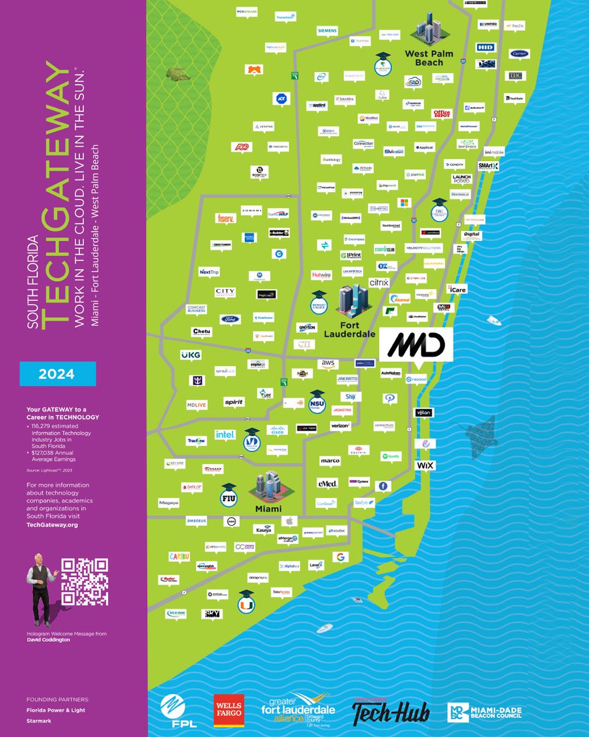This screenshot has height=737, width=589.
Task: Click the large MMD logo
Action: pos(416,346)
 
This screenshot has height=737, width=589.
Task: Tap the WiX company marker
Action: pos(425,466)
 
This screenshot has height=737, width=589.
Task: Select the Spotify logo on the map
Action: pos(390,456)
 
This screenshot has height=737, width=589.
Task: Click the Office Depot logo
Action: pos(441,113)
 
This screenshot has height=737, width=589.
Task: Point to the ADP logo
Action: pos(242,147)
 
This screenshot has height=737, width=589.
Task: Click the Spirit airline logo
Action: pos(233,402)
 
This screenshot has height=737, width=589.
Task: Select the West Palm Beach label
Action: pos(429,58)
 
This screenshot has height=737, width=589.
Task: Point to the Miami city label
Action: pos(269,509)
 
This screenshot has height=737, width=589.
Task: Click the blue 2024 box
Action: pos(58,374)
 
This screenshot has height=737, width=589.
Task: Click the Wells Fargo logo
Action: pos(228,711)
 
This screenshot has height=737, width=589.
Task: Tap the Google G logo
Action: pos(339,557)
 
